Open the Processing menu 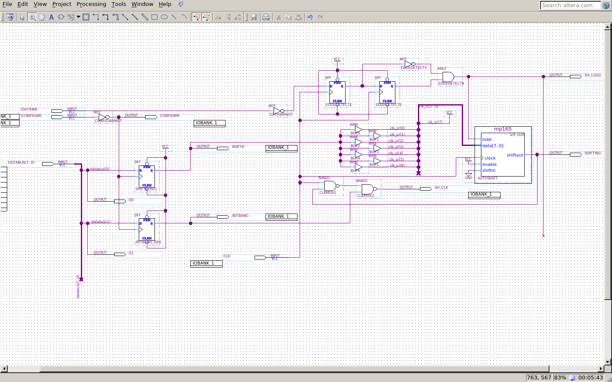(91, 4)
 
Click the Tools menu (119, 4)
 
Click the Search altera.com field (570, 5)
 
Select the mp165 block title (503, 129)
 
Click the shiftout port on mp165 (515, 155)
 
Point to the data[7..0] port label (492, 146)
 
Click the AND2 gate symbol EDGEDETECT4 (448, 77)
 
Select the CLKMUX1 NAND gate (330, 186)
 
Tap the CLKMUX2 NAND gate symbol (367, 189)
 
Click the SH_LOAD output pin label (592, 75)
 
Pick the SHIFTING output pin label (592, 153)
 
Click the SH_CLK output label (441, 188)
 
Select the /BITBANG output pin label (240, 216)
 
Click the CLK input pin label (227, 256)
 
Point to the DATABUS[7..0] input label (21, 162)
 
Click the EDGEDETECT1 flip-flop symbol (337, 92)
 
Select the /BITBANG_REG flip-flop (147, 229)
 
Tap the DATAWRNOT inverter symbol (278, 111)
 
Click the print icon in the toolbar (266, 17)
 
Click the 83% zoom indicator (560, 377)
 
